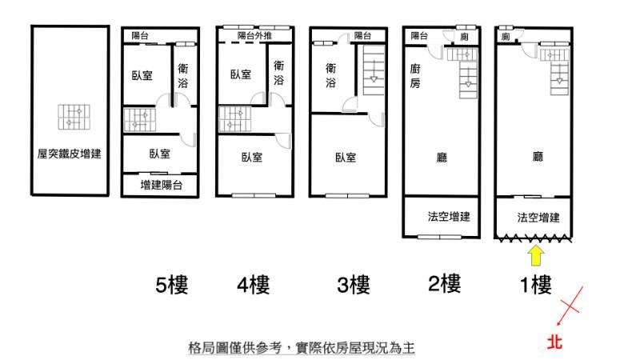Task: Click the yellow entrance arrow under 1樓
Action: (536, 256)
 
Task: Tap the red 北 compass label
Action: (555, 342)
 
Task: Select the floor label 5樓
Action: (172, 285)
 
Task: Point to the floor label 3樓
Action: (352, 285)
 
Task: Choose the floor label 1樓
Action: (534, 283)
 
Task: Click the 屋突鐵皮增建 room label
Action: (70, 154)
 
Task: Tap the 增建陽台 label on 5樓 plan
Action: (162, 185)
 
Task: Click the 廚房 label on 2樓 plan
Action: (414, 77)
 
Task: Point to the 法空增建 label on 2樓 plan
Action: (448, 217)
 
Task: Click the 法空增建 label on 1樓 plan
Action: (538, 217)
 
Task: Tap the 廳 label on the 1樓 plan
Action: (538, 158)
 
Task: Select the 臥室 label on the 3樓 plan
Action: (345, 158)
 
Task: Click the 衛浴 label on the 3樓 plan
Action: (330, 76)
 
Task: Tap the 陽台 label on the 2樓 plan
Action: (419, 36)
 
